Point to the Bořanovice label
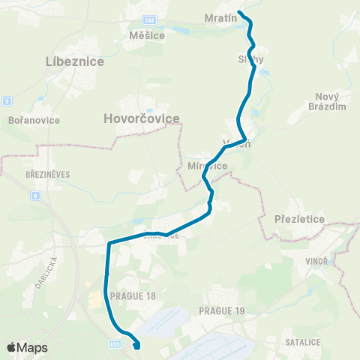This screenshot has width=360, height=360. (x=28, y=120)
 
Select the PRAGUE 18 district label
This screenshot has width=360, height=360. (x=132, y=296)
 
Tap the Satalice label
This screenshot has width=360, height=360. (x=302, y=342)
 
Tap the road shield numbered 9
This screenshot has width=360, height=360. (x=7, y=100)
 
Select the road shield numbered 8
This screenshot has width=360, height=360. (x=35, y=195)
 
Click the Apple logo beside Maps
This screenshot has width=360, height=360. (x=11, y=347)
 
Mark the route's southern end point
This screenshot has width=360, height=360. (x=136, y=346)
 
